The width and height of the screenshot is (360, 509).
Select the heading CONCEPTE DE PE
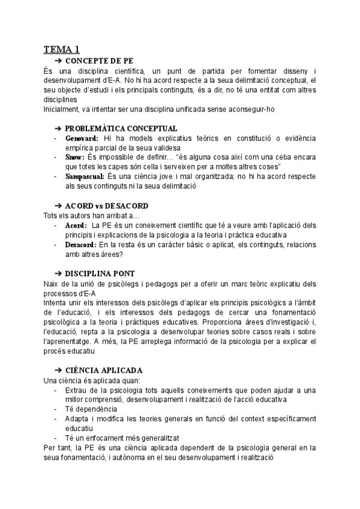(x=99, y=61)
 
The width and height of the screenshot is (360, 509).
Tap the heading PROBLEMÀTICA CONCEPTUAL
(x=121, y=128)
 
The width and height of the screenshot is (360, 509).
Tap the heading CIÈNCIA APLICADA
(x=104, y=370)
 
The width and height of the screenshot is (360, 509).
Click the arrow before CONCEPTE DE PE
(x=58, y=61)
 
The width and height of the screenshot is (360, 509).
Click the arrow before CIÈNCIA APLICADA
(x=58, y=370)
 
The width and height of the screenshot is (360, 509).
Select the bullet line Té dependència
(x=91, y=409)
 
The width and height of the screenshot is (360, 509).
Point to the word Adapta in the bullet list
(x=77, y=418)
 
